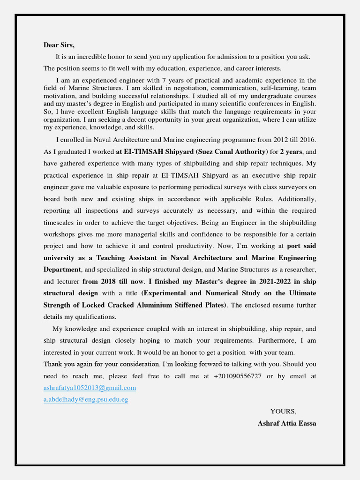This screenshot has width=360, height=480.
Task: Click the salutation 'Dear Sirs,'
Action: [x=59, y=45]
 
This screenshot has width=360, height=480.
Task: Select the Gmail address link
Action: [x=90, y=388]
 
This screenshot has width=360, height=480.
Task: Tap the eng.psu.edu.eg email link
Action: [x=86, y=399]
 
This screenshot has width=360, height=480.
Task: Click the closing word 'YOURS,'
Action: [x=283, y=411]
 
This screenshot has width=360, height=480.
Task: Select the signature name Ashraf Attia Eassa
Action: [x=287, y=423]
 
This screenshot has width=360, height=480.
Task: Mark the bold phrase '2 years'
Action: [x=291, y=151]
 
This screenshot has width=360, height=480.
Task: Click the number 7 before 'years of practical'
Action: [x=164, y=80]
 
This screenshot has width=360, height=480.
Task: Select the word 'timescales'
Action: [x=60, y=222]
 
